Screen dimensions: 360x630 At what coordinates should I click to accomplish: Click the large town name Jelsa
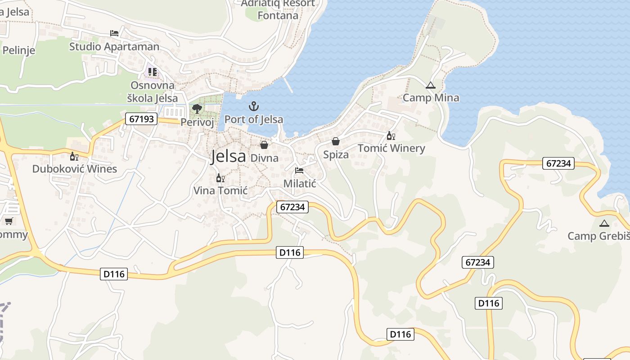click(x=229, y=156)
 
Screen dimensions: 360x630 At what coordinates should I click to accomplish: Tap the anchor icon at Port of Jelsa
click(x=254, y=107)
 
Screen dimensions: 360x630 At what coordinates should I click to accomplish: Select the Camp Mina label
click(x=431, y=98)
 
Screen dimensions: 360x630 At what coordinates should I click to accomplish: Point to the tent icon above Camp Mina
click(x=431, y=85)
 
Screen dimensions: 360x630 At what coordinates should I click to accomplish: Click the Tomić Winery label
click(x=391, y=148)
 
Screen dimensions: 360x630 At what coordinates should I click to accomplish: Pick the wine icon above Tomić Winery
click(x=391, y=135)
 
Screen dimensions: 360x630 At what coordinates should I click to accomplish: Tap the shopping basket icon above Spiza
click(x=336, y=141)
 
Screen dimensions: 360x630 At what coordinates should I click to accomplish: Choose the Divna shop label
click(x=264, y=158)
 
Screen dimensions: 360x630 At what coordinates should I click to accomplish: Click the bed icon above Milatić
click(x=299, y=171)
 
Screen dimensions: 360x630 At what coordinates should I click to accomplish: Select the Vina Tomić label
click(x=220, y=190)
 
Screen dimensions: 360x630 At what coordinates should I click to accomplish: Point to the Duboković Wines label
click(x=74, y=169)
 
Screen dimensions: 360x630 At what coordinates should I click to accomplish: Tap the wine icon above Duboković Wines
click(x=74, y=156)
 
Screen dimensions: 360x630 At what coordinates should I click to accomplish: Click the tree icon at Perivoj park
click(x=197, y=108)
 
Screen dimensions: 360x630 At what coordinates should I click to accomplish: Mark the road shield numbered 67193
click(x=141, y=119)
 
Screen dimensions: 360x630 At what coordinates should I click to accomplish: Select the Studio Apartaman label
click(x=114, y=46)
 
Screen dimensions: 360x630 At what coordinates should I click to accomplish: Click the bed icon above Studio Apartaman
click(x=114, y=33)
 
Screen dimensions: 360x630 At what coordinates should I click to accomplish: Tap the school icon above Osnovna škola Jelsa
click(x=153, y=72)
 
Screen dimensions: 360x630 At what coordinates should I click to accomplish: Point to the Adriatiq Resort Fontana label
click(x=278, y=9)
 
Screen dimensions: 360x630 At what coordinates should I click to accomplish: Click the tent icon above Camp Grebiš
click(x=604, y=223)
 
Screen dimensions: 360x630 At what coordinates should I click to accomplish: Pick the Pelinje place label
click(x=18, y=50)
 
